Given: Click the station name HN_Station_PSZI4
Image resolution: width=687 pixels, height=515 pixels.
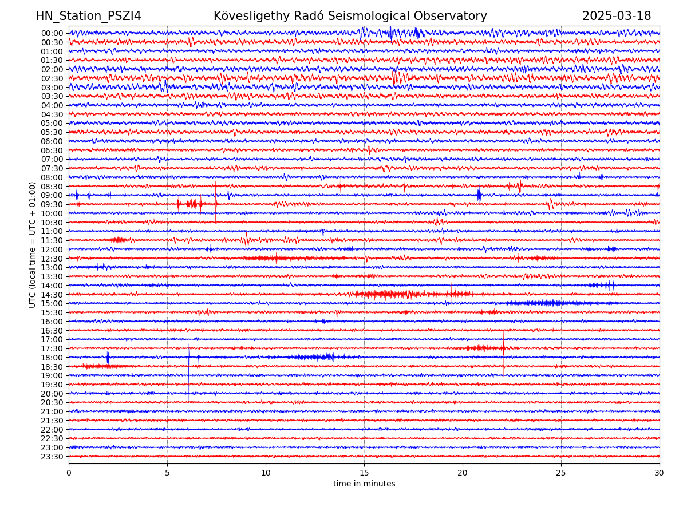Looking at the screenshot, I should click(x=88, y=17).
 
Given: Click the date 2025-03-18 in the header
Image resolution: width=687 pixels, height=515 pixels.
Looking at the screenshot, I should click(x=617, y=17).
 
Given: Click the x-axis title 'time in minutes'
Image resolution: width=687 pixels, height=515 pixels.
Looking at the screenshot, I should click(x=364, y=484).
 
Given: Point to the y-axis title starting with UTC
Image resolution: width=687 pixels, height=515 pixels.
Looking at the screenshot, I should click(x=33, y=244).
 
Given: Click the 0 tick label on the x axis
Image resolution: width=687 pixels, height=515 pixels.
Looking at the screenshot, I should click(x=69, y=473).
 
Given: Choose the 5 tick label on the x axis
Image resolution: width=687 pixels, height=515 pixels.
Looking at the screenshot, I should click(x=167, y=473).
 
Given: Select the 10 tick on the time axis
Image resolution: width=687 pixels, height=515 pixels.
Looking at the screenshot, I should click(x=266, y=473).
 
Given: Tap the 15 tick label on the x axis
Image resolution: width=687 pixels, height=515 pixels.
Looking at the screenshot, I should click(x=364, y=473).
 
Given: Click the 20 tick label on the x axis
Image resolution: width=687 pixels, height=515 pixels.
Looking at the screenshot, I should click(x=463, y=473).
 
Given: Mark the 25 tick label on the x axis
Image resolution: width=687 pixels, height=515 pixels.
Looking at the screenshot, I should click(x=561, y=473).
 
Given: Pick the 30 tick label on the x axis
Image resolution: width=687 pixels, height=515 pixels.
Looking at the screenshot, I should click(x=660, y=473).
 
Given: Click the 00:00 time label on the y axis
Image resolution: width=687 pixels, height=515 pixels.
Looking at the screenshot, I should click(x=52, y=33).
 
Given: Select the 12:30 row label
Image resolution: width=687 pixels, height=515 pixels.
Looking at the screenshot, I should click(x=52, y=259).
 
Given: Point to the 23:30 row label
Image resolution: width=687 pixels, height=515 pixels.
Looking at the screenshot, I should click(x=52, y=457).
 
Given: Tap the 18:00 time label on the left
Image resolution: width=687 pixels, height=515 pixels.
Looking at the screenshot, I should click(x=52, y=358).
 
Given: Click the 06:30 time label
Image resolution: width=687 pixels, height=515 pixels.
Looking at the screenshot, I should click(x=52, y=150).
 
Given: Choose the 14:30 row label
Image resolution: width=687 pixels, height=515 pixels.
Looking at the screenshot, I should click(x=52, y=295).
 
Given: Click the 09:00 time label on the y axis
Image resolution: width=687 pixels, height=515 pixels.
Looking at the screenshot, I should click(x=52, y=195).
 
